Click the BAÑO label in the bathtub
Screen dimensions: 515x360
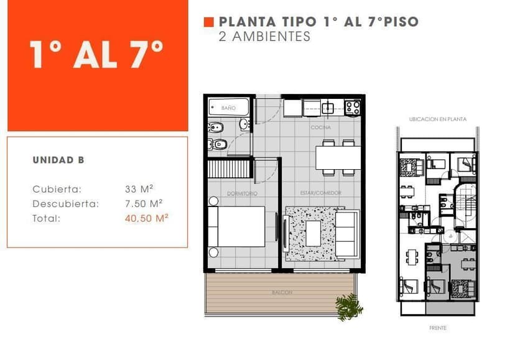228,108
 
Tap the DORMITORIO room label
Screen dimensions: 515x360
242,193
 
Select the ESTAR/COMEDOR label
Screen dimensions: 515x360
320,193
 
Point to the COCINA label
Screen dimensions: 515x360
321,127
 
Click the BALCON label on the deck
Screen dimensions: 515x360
282,292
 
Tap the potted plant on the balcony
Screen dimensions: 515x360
349,307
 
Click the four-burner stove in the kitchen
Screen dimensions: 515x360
353,108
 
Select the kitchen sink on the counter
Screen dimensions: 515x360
328,108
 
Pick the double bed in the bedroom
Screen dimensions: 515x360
236,226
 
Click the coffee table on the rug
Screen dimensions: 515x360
313,233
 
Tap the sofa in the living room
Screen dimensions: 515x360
347,234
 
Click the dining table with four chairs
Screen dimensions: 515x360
338,158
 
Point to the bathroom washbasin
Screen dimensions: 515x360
244,124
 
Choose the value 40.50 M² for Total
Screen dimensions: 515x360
147,218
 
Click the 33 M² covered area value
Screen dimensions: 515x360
139,189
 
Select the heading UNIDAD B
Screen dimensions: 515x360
58,160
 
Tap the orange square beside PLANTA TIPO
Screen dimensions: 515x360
208,22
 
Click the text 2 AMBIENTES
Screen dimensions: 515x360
264,37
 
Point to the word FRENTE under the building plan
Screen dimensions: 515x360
438,328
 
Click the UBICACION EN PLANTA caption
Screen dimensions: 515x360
437,119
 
